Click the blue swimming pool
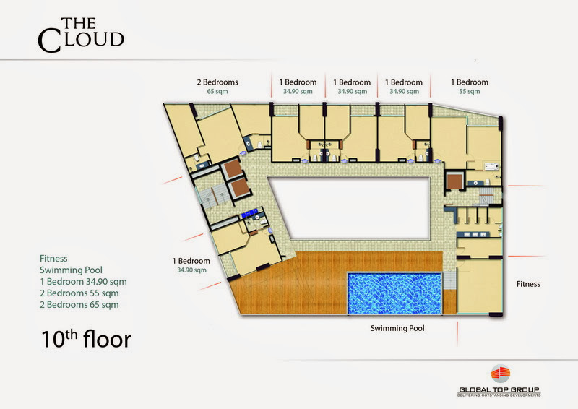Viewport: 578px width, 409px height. (394, 293)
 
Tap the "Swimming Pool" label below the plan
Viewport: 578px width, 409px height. (397, 328)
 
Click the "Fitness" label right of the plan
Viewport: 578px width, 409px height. (528, 284)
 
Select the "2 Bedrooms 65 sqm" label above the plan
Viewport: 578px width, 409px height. (217, 86)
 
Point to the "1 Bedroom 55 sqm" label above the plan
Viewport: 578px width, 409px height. (470, 86)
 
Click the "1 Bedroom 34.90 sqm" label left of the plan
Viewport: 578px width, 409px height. (191, 265)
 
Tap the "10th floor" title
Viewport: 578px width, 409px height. (86, 339)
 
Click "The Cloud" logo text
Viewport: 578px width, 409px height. (81, 35)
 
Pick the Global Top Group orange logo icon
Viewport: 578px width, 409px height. (500, 374)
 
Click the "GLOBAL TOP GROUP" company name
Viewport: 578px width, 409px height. (499, 389)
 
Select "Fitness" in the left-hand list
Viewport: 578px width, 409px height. (53, 259)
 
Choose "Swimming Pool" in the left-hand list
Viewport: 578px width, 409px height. (71, 270)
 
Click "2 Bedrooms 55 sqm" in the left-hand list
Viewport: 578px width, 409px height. (79, 293)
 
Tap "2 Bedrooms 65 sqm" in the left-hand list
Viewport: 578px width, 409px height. (79, 305)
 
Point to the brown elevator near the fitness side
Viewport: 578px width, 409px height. (454, 181)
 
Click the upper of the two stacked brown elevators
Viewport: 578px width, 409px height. (232, 169)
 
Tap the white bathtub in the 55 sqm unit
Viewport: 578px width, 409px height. (491, 166)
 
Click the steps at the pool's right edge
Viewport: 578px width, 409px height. (449, 281)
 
